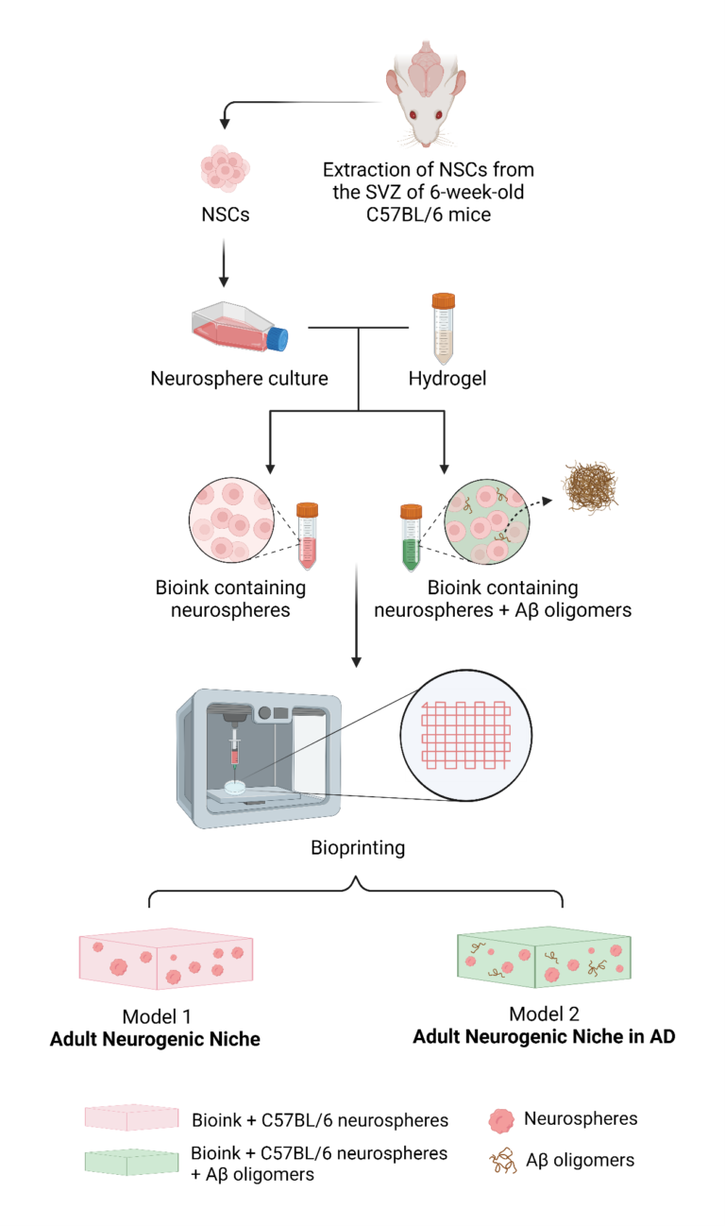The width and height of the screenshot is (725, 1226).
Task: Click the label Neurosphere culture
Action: click(239, 379)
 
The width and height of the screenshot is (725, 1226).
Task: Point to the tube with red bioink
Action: click(307, 534)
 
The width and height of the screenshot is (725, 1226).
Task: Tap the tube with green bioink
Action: click(410, 537)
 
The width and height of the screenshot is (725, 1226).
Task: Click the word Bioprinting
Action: click(358, 847)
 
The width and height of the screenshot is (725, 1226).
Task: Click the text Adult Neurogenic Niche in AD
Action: click(544, 1035)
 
